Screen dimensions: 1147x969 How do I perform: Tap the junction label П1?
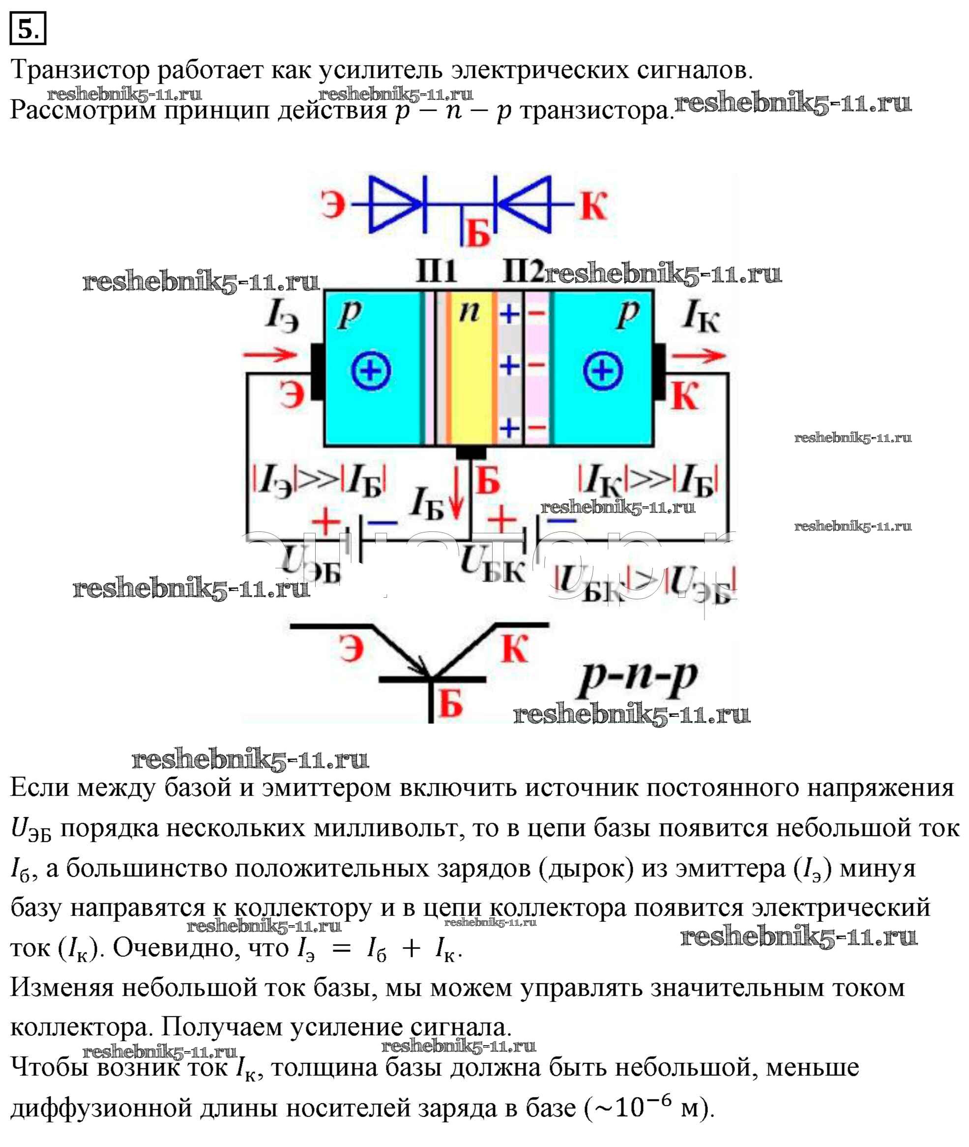pos(436,271)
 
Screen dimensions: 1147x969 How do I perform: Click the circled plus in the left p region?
pos(371,371)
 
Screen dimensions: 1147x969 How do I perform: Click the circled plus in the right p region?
pos(603,371)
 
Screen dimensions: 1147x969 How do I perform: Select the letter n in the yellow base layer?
pos(469,312)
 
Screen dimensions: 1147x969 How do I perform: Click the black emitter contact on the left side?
pos(318,372)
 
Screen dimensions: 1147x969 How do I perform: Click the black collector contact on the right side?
pos(660,372)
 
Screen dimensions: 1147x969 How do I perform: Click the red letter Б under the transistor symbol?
pos(450,704)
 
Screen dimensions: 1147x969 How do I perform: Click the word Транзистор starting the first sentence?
pos(80,70)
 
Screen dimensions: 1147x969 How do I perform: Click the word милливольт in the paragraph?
pos(385,828)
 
